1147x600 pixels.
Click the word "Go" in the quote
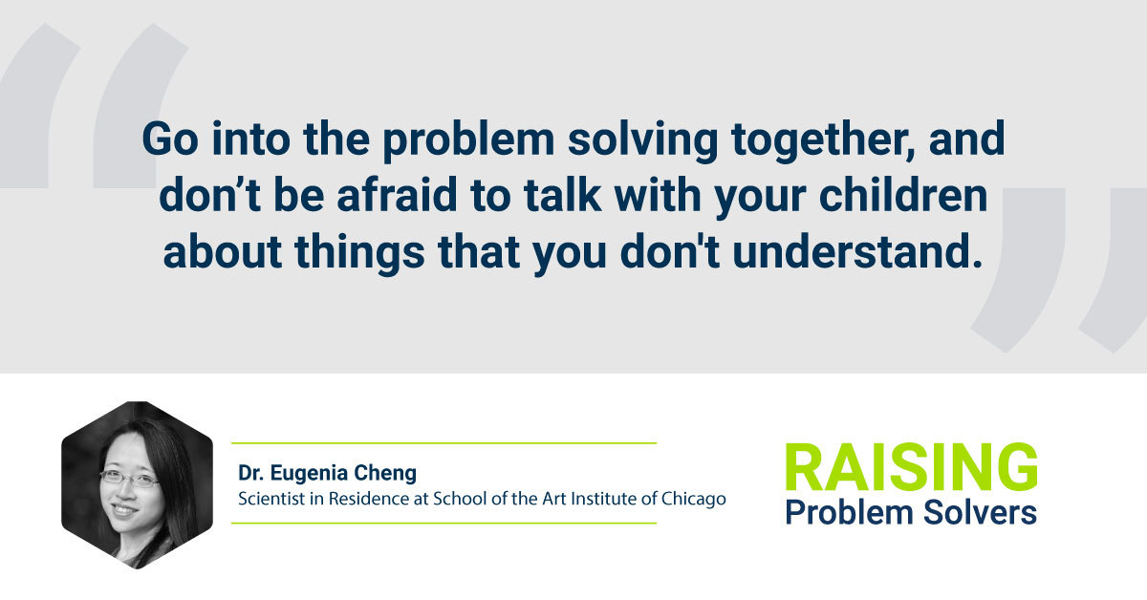pyautogui.click(x=170, y=139)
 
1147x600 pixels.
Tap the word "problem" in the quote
pyautogui.click(x=469, y=140)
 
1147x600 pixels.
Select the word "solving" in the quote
pyautogui.click(x=643, y=140)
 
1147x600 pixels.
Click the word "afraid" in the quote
pyautogui.click(x=397, y=195)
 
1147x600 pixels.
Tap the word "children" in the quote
pyautogui.click(x=903, y=195)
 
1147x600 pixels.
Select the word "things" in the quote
pyautogui.click(x=359, y=253)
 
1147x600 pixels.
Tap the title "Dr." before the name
pyautogui.click(x=250, y=473)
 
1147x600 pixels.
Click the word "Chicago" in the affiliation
pyautogui.click(x=693, y=500)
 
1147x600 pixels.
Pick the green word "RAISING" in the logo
pyautogui.click(x=912, y=467)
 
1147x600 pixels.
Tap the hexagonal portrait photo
pyautogui.click(x=137, y=484)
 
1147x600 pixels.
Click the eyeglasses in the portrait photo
pyautogui.click(x=129, y=479)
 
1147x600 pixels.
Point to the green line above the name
pyautogui.click(x=444, y=443)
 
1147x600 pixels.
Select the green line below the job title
pyautogui.click(x=444, y=524)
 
